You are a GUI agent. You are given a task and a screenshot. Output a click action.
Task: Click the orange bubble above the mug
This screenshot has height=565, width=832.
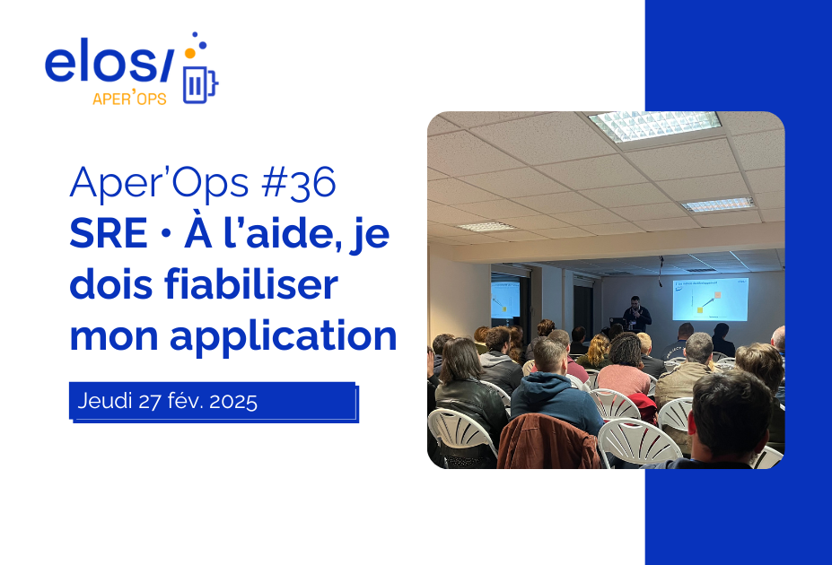(x=189, y=54)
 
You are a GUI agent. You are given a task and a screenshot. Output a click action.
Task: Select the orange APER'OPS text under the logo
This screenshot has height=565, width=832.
(x=129, y=100)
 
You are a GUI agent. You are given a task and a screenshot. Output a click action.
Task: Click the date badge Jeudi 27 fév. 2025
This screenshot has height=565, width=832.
(x=213, y=401)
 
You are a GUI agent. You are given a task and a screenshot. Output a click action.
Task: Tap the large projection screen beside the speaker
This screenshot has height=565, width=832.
(x=709, y=299)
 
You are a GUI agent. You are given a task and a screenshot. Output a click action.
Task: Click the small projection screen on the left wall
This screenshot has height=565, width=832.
(x=504, y=300)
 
